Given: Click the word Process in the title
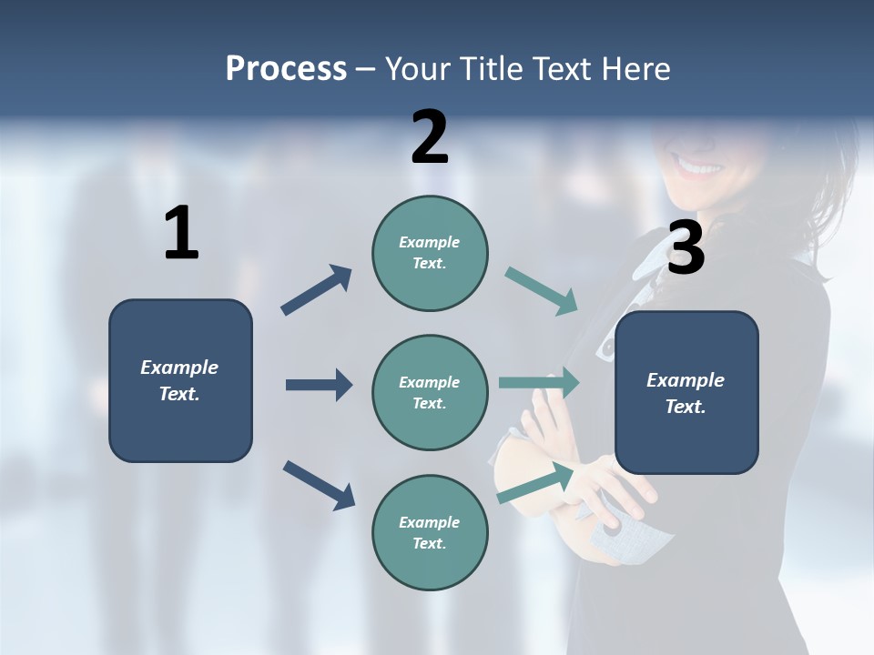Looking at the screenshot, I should tap(286, 69).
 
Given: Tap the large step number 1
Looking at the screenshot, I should tap(181, 234).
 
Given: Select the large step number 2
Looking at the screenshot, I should tap(430, 137).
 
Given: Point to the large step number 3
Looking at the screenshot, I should tap(686, 248).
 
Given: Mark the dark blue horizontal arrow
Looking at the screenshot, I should tap(319, 385).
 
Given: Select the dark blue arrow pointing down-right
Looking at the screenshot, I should tap(319, 484).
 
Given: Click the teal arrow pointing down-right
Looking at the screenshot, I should tap(541, 291).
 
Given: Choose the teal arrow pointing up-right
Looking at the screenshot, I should tap(535, 482).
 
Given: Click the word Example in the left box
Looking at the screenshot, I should tap(179, 368).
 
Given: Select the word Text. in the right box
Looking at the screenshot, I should tap(686, 407).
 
